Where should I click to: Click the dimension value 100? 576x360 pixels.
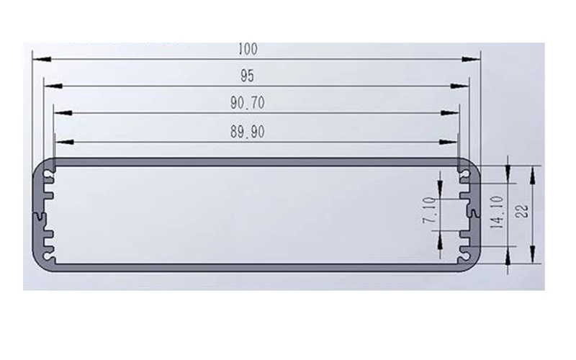[248, 49]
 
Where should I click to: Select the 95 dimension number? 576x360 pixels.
[247, 76]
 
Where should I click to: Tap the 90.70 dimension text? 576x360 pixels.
[248, 103]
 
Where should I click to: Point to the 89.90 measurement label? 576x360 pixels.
[248, 132]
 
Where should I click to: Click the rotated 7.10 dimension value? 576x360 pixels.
[429, 210]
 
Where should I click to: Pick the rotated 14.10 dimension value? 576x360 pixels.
[497, 212]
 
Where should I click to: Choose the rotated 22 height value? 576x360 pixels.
[521, 211]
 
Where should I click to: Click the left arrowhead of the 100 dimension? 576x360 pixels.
[42, 59]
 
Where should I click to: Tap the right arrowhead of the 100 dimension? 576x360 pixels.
[471, 59]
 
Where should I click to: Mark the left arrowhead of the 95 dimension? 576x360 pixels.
[53, 86]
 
